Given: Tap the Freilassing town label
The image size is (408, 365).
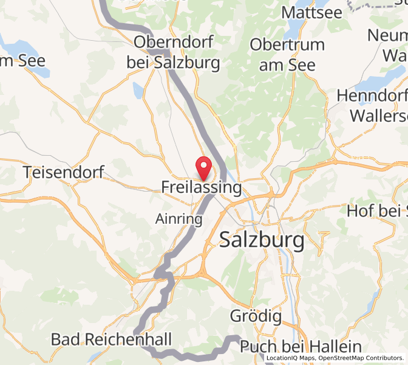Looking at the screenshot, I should coord(201,187).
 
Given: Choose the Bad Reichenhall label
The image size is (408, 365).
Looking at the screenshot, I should coord(112,339).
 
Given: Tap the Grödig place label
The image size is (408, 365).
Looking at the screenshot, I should coord(256,316).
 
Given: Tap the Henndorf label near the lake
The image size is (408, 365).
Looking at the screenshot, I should coord(372,96).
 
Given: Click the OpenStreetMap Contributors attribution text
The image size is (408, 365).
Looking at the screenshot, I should coord(361,358).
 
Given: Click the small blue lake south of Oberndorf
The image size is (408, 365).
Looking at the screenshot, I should coord(138,91).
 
